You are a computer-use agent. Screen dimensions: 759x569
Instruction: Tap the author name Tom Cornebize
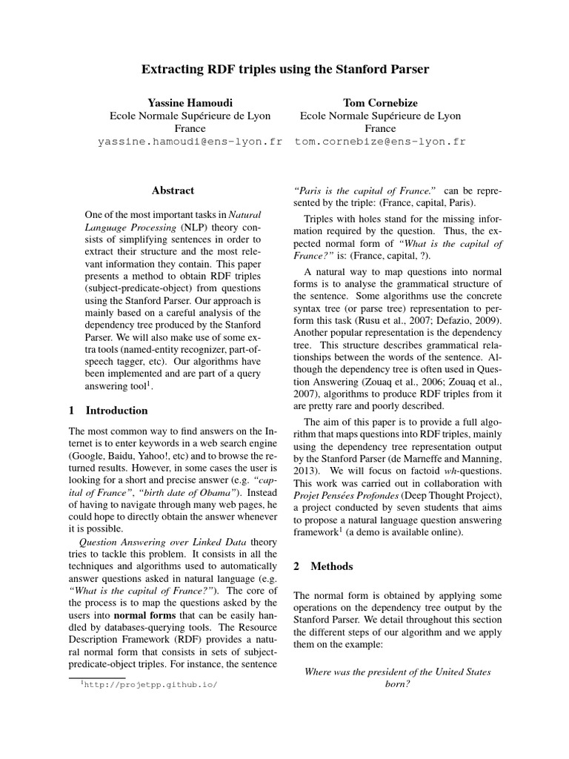[x=380, y=101]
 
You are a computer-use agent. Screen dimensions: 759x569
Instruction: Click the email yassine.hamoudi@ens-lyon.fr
[x=190, y=142]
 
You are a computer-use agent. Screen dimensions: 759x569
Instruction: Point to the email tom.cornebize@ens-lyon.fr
[x=380, y=142]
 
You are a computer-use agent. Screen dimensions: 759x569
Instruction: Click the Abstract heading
[x=173, y=190]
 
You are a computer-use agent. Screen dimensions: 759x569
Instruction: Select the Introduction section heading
[x=116, y=410]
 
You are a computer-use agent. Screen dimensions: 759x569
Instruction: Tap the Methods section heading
[x=332, y=566]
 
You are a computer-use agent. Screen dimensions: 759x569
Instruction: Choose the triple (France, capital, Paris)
[x=419, y=202]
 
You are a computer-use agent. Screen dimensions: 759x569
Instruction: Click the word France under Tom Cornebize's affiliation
[x=380, y=128]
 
